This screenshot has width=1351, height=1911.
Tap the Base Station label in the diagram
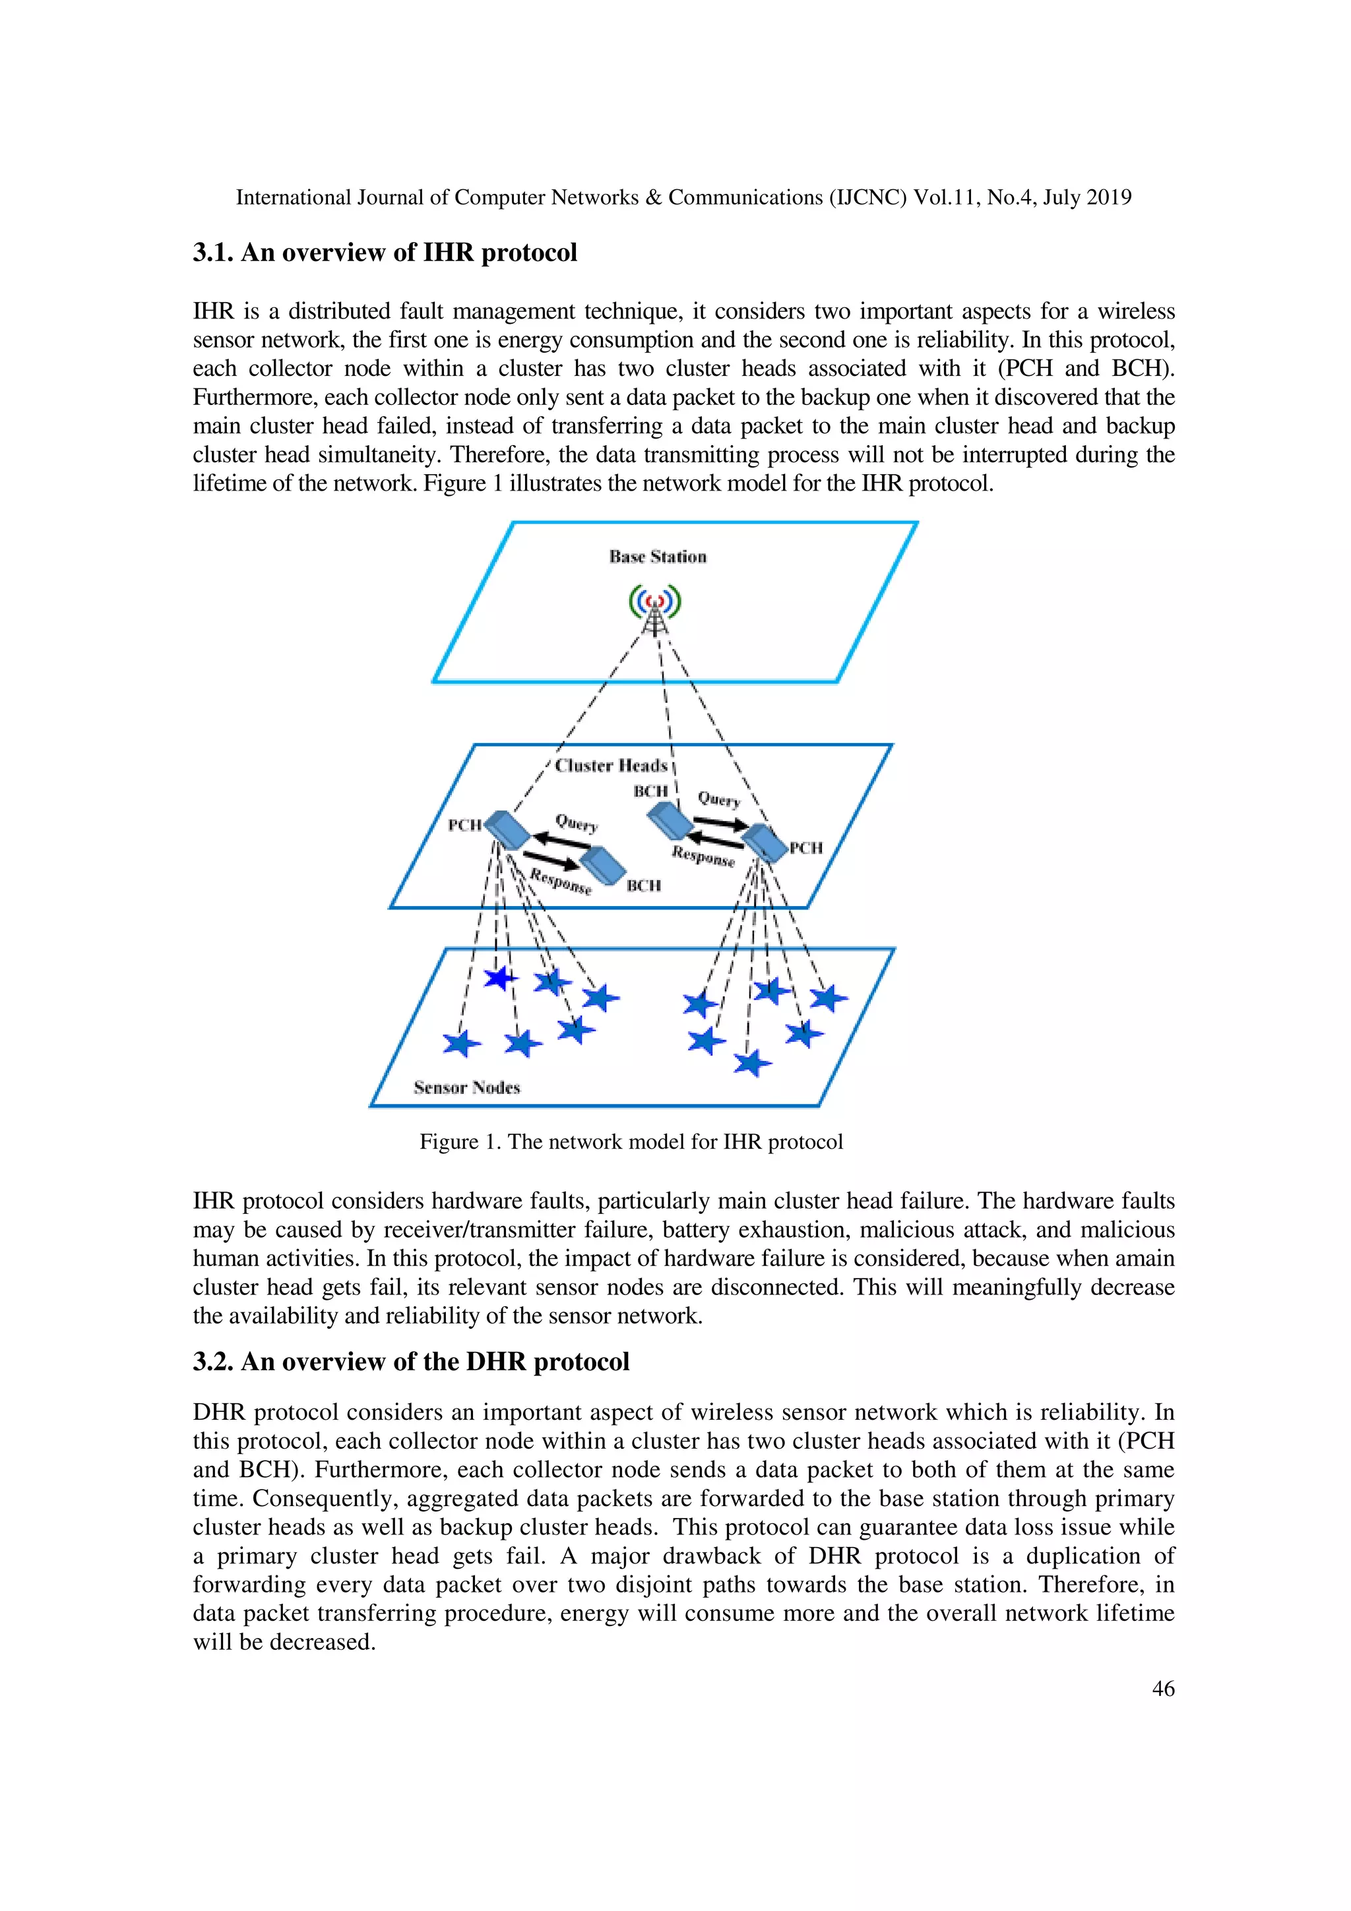(658, 557)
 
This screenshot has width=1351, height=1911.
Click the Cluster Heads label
(611, 766)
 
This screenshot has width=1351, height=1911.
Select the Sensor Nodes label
(466, 1088)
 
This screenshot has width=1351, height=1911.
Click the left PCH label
(464, 825)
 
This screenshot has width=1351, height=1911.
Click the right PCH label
(805, 848)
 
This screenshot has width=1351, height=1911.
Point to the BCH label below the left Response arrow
(643, 886)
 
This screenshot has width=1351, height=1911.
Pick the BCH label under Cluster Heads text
(650, 791)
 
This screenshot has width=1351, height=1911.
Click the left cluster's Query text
(577, 823)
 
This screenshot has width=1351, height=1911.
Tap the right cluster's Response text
(703, 857)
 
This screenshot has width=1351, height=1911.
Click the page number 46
(1163, 1688)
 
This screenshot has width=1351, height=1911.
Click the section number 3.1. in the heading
(213, 253)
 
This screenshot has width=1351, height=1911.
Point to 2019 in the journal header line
(1110, 197)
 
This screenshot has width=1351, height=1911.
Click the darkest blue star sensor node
(499, 977)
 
